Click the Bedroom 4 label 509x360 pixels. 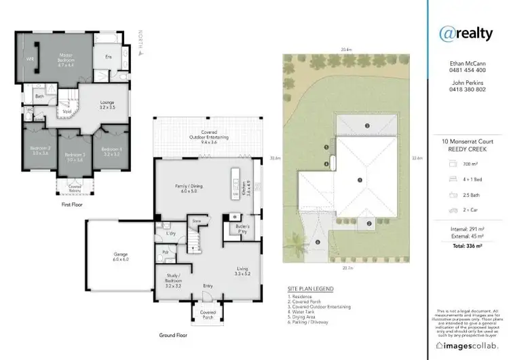pyautogui.click(x=111, y=151)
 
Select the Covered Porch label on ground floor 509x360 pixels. pyautogui.click(x=208, y=314)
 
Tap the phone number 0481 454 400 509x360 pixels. pyautogui.click(x=467, y=70)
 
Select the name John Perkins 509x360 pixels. pyautogui.click(x=467, y=82)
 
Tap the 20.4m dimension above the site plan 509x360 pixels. pyautogui.click(x=346, y=50)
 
